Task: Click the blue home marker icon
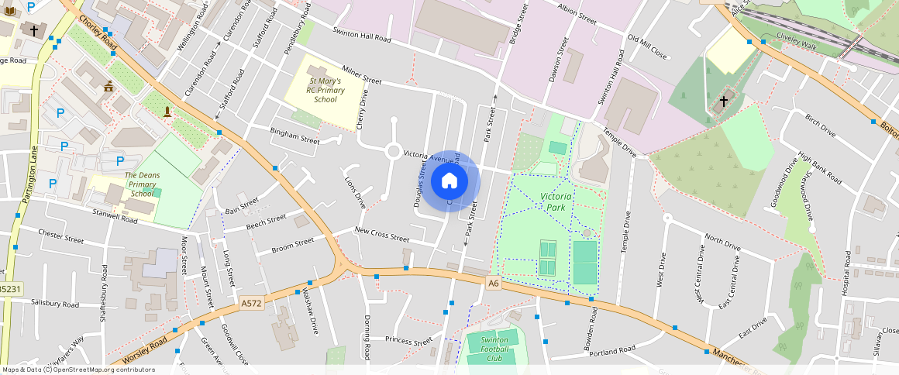pyautogui.click(x=449, y=181)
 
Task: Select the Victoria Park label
pyautogui.click(x=556, y=202)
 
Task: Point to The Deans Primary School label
pyautogui.click(x=143, y=184)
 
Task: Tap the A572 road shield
pyautogui.click(x=252, y=303)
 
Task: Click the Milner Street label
pyautogui.click(x=362, y=75)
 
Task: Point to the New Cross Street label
pyautogui.click(x=381, y=234)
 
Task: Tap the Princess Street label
pyautogui.click(x=408, y=340)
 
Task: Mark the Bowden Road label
pyautogui.click(x=594, y=329)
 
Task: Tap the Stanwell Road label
pyautogui.click(x=115, y=215)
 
